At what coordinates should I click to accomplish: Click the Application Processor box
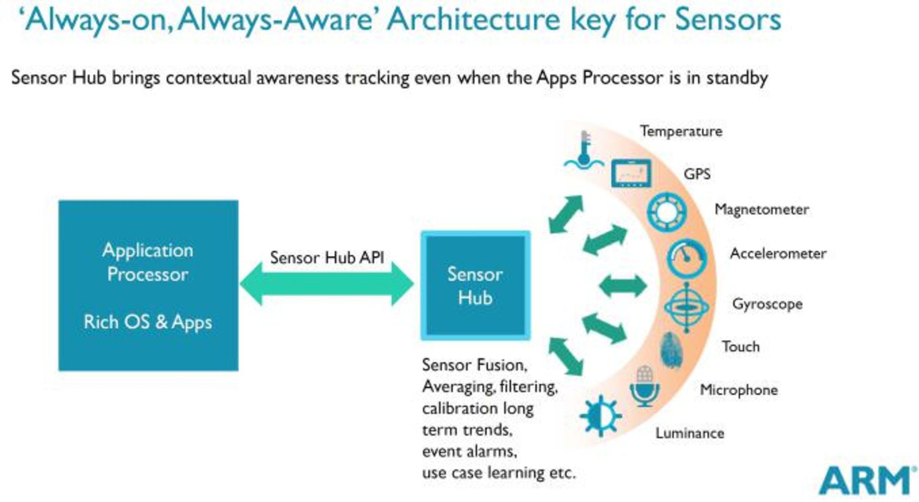tap(148, 285)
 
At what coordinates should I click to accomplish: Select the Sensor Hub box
tap(475, 286)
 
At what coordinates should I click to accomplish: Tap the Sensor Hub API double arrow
tap(326, 284)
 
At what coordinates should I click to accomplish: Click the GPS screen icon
tap(631, 173)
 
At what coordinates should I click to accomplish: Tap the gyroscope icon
tap(686, 307)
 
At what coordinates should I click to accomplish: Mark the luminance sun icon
tap(600, 416)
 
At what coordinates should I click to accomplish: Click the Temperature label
tap(681, 131)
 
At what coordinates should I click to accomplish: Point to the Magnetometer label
tap(762, 209)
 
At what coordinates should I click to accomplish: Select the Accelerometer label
tap(778, 253)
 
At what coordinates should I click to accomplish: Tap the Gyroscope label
tap(767, 304)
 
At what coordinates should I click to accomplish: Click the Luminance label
tap(689, 433)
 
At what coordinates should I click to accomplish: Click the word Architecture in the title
tap(473, 20)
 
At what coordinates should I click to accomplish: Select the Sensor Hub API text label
tap(327, 258)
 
